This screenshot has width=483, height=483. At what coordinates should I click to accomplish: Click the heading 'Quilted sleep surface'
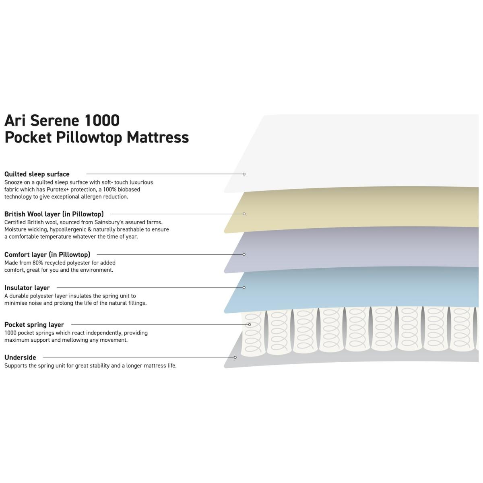[37, 174]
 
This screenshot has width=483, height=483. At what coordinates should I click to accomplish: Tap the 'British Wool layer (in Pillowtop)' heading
[54, 214]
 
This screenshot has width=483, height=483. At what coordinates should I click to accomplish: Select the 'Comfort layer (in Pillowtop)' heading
[47, 254]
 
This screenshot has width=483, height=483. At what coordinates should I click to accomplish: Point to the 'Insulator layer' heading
[27, 288]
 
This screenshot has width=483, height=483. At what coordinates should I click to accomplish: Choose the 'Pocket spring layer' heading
[34, 325]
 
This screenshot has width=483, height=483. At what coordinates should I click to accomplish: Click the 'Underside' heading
[20, 357]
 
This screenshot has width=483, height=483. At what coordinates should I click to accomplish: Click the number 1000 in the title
[102, 120]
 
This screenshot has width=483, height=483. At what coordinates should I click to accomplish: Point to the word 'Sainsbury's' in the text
[109, 222]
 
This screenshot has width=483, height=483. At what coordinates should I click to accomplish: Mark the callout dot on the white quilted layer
[244, 174]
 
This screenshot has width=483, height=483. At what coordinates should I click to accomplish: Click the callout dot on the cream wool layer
[244, 214]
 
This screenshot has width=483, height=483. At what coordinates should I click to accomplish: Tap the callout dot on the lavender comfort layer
[244, 254]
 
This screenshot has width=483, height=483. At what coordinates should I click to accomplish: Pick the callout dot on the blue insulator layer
[244, 287]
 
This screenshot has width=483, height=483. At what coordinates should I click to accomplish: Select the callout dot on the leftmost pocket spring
[250, 324]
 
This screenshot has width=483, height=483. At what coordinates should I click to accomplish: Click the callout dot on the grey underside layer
[235, 357]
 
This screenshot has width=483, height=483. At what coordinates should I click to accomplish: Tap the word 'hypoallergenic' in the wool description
[68, 229]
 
